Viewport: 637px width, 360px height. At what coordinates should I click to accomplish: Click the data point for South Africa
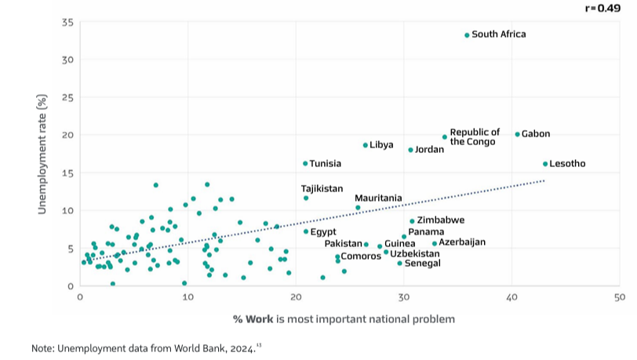click(x=467, y=35)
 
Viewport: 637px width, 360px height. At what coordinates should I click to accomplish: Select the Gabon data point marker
click(x=517, y=134)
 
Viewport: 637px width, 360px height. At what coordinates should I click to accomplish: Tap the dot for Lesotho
click(x=545, y=164)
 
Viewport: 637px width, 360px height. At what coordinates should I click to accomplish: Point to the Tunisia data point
click(x=306, y=163)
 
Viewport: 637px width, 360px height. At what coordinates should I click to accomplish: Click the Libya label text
click(x=381, y=145)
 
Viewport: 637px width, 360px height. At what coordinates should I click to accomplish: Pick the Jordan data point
click(x=410, y=150)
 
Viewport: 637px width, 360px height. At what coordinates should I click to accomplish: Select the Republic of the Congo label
click(x=475, y=136)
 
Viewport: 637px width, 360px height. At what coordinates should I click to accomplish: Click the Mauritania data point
click(x=358, y=208)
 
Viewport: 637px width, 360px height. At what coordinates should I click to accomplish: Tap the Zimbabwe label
click(x=440, y=220)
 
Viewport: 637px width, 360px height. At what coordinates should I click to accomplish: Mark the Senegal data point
click(x=399, y=264)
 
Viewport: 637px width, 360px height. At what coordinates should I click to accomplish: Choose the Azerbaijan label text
click(x=462, y=242)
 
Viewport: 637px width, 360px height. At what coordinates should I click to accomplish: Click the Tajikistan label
click(x=322, y=189)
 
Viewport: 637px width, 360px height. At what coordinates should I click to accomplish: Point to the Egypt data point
click(x=306, y=231)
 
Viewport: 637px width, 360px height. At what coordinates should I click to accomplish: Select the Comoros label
click(x=361, y=256)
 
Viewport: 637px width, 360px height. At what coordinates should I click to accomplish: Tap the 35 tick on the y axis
click(x=67, y=22)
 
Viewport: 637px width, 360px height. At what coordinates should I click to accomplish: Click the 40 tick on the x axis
click(x=511, y=297)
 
